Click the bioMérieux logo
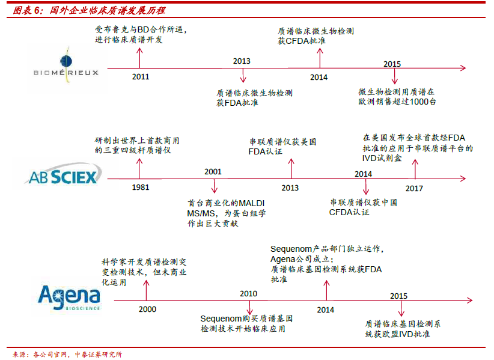click(66, 66)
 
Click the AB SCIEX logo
click(63, 175)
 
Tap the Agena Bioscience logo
click(69, 297)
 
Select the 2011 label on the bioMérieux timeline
click(141, 76)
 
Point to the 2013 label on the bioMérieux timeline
click(242, 61)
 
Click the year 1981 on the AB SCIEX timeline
click(141, 187)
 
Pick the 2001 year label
click(213, 172)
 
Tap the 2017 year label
click(414, 188)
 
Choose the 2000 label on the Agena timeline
click(147, 310)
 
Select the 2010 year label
click(249, 293)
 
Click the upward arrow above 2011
click(139, 58)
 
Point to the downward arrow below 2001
click(214, 186)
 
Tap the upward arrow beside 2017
click(415, 169)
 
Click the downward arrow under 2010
click(249, 307)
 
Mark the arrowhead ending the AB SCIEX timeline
click(463, 178)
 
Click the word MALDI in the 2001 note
click(252, 203)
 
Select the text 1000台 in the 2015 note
click(423, 102)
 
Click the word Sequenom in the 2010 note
click(221, 319)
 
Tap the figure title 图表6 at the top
click(27, 10)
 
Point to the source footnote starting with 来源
click(67, 355)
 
